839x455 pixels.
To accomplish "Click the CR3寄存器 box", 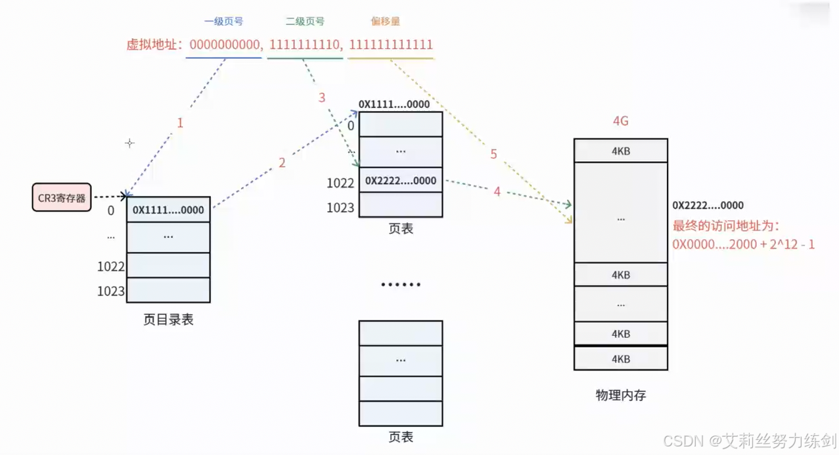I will (x=62, y=197).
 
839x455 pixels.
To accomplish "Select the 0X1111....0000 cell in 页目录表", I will (x=168, y=210).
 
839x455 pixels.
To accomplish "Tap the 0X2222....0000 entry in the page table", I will (x=401, y=181).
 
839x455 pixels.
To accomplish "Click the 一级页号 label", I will (x=223, y=21).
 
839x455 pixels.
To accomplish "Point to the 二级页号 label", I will (x=305, y=21).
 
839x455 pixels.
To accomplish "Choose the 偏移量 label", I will (x=385, y=21).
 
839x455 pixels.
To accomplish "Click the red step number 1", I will (x=179, y=123).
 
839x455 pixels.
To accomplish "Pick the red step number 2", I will (x=282, y=162).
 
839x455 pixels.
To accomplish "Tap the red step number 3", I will (x=322, y=98).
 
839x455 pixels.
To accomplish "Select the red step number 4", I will (x=497, y=191).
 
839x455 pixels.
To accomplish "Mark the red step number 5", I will (x=493, y=155).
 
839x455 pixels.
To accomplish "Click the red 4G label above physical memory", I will (x=620, y=121).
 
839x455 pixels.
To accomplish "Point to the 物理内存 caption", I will (x=620, y=395).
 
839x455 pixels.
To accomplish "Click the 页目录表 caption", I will (x=168, y=320).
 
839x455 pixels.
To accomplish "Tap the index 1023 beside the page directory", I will (x=110, y=291).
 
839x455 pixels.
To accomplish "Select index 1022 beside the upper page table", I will (x=340, y=183).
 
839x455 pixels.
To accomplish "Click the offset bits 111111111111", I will (x=391, y=45).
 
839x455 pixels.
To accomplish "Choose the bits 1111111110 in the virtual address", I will (x=305, y=45).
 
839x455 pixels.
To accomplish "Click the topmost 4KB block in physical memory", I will (x=620, y=151).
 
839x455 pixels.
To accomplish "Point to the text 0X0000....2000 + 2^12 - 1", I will (x=743, y=244).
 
